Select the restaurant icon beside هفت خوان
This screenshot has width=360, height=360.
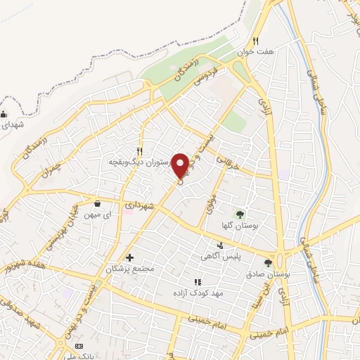point(256,40)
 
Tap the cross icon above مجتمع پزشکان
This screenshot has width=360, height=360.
point(129,258)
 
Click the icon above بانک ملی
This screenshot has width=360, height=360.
point(79,347)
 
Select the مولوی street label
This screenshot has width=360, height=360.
point(209,204)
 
